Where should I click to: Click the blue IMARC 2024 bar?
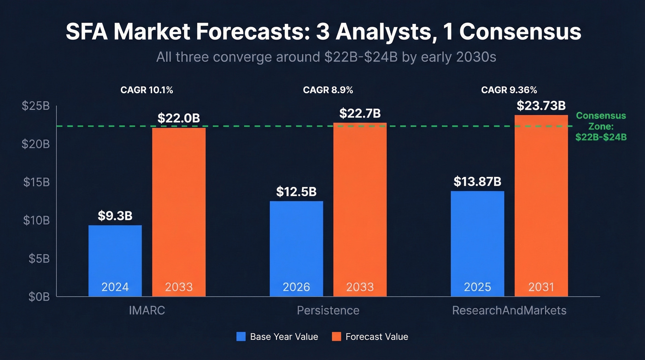point(115,260)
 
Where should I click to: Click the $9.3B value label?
point(115,216)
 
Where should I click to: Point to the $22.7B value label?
point(360,113)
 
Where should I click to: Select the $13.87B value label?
point(477,182)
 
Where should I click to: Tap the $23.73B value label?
point(541,106)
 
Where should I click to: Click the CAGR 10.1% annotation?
point(147,90)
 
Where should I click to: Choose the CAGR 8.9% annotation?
point(328,90)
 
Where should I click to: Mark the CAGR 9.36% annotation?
point(509,90)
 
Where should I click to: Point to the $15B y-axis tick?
point(36,182)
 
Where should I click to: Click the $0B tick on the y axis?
point(39,297)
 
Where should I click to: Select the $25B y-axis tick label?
point(36,106)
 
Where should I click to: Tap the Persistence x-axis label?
point(328,310)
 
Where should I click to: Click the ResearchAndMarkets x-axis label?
point(509,310)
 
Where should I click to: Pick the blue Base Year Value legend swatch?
point(241,336)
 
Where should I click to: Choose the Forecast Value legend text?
point(376,337)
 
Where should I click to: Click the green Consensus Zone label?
point(601,126)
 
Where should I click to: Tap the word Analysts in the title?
point(374,32)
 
